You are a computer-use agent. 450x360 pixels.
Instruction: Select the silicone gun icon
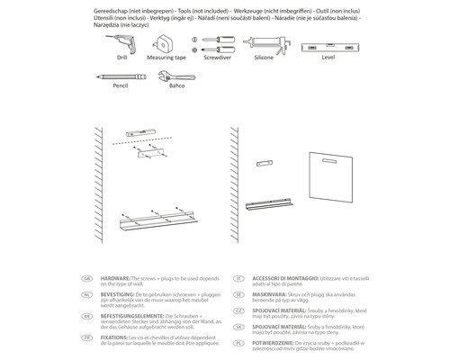[269, 42]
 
